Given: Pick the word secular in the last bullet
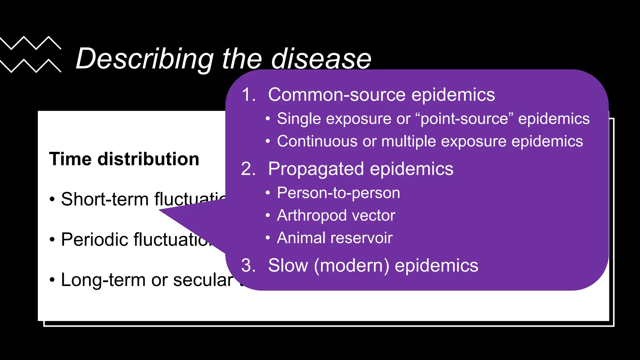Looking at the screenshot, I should tap(203, 280).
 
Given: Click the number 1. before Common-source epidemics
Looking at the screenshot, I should tap(248, 94).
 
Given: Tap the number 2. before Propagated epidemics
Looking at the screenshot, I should tap(248, 169).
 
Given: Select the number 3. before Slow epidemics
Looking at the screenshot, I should tap(248, 265).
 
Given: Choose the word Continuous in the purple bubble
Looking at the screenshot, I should tap(317, 141).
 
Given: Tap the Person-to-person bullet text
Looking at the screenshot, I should tap(338, 193).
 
